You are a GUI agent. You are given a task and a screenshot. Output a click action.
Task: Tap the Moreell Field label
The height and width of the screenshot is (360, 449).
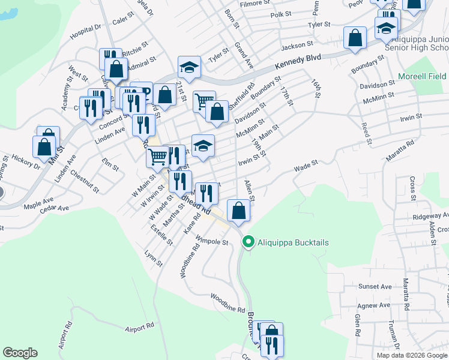[x=422, y=77]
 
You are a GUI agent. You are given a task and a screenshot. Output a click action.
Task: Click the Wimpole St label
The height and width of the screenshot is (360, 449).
[x=213, y=242]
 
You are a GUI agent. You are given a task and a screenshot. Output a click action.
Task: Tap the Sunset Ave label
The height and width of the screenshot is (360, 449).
[x=375, y=287]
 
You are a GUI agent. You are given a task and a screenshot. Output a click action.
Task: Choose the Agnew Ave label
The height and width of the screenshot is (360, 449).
[x=375, y=305]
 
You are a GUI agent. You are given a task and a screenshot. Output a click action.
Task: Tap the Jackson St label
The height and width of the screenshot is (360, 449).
[x=297, y=44]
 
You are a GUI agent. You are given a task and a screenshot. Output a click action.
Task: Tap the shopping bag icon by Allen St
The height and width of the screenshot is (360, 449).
[x=239, y=210]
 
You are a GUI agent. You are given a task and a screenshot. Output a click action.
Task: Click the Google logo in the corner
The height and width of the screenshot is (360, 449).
[x=20, y=353]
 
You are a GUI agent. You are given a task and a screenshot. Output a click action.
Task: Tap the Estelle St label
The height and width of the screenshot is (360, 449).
[x=161, y=234]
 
